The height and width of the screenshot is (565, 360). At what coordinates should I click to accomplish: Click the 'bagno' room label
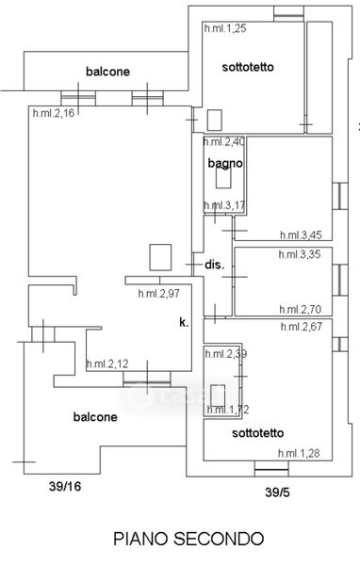(x=225, y=164)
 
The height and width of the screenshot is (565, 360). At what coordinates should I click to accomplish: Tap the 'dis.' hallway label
(x=215, y=266)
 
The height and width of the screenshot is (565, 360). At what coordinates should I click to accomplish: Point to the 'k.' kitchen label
(x=184, y=322)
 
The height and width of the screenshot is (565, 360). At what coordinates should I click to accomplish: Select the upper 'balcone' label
(x=107, y=72)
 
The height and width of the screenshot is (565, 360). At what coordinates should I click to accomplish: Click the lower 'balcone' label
(x=95, y=417)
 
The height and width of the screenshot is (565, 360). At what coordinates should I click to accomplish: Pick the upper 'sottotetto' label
(x=248, y=67)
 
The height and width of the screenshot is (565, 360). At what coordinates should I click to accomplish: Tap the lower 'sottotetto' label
(x=258, y=433)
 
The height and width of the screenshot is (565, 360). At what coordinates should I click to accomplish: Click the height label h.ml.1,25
(x=225, y=28)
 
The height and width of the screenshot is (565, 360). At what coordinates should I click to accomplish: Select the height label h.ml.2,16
(x=54, y=113)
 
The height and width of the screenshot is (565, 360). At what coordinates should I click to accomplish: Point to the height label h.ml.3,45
(x=301, y=235)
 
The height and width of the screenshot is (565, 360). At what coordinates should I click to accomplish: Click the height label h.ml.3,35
(x=300, y=254)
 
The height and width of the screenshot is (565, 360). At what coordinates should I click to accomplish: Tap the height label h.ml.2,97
(x=158, y=293)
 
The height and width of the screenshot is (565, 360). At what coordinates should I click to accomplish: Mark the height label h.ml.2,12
(x=107, y=363)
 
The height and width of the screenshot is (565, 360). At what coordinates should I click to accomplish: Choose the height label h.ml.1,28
(x=299, y=453)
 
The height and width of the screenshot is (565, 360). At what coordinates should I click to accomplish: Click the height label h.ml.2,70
(x=301, y=310)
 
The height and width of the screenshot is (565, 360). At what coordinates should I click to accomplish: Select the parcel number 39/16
(x=65, y=487)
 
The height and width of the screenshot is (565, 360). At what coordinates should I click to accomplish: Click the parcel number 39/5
(x=277, y=492)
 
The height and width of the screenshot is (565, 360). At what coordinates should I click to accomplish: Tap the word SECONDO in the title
(x=219, y=539)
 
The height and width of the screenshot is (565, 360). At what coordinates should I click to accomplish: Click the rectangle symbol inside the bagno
(x=223, y=178)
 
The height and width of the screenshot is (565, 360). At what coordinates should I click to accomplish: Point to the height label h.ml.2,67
(x=302, y=327)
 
